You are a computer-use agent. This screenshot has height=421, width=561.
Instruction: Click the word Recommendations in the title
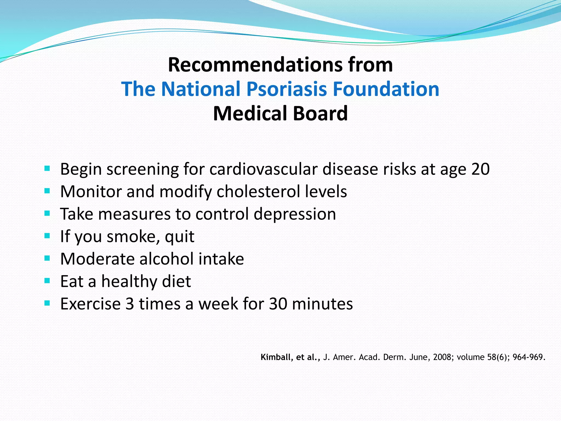255,65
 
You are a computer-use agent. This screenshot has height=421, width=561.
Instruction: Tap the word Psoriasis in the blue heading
287,89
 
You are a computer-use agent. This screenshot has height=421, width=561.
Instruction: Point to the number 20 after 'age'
480,169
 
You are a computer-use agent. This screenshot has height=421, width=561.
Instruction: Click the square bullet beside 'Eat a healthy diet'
47,281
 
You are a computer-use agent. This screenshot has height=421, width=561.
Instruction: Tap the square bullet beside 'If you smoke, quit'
47,236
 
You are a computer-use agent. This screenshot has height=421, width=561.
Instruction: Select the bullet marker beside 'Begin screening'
47,168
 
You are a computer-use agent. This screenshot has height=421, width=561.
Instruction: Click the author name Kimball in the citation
277,357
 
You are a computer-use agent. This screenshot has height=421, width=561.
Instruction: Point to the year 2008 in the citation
442,357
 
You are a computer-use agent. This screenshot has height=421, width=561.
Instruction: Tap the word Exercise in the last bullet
90,304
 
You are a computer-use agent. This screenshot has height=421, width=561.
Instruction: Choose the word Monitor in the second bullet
91,191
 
